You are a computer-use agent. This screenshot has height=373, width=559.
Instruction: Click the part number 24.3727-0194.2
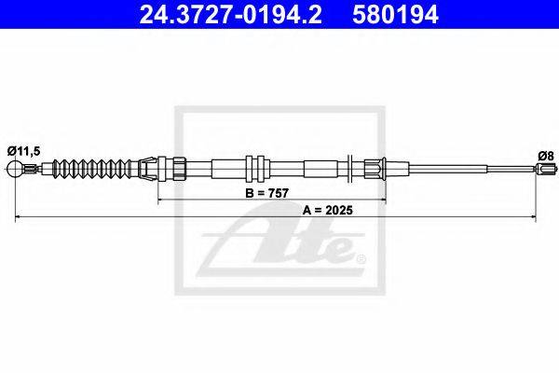tap(230, 14)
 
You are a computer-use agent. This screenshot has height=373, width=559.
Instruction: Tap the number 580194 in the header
tap(395, 14)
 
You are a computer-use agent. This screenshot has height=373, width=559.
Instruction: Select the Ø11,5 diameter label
tap(24, 151)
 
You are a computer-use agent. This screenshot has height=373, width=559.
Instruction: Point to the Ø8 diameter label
tap(546, 156)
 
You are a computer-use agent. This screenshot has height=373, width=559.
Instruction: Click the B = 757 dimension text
tap(267, 193)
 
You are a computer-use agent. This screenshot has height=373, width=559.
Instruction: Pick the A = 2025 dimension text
tap(328, 210)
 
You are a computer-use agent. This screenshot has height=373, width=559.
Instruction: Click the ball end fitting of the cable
tap(15, 169)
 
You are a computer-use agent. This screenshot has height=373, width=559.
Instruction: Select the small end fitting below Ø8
tap(545, 169)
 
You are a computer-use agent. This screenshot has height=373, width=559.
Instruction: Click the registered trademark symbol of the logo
tap(361, 258)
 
